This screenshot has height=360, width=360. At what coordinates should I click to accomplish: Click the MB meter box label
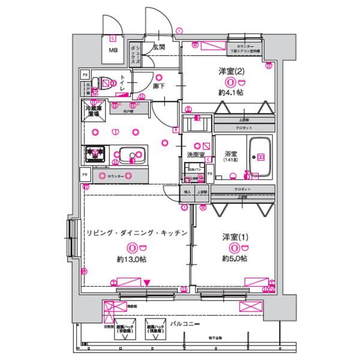coord(113,51)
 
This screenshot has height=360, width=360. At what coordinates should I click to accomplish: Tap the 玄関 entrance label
coord(159,47)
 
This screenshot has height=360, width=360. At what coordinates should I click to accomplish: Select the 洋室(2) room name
coord(231,71)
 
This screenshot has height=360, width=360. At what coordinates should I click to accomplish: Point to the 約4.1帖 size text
coord(230,92)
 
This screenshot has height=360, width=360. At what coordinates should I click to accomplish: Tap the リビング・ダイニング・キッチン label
coord(137,233)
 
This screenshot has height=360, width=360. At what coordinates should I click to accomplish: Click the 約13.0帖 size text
coord(133,259)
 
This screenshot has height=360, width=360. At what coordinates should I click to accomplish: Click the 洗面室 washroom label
coord(195,155)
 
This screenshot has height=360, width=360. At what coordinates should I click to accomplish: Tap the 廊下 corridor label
coord(159,86)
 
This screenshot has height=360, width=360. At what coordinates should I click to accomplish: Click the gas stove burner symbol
coord(94,154)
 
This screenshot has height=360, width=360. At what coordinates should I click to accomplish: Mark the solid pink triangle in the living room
coord(147,282)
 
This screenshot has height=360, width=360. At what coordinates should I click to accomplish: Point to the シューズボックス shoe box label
coord(137,55)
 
